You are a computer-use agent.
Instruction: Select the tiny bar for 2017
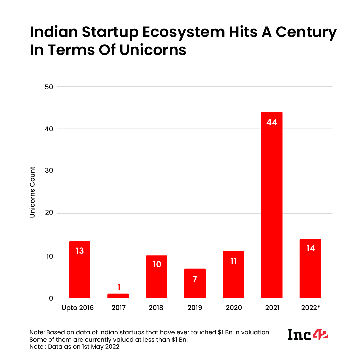click(x=118, y=296)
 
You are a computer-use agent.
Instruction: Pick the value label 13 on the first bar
click(x=80, y=251)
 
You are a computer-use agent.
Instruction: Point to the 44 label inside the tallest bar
click(x=272, y=122)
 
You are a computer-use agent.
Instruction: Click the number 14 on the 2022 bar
click(x=310, y=248)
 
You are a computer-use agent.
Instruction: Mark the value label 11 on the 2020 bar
click(x=233, y=261)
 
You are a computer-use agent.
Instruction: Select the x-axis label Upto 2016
click(x=78, y=308)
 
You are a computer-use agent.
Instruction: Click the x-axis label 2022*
click(x=310, y=308)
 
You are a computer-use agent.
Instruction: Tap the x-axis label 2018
click(x=156, y=308)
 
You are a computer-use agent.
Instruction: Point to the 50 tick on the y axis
click(x=49, y=87)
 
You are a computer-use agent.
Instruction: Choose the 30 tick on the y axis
click(x=49, y=171)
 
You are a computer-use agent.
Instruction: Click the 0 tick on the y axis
click(x=51, y=298)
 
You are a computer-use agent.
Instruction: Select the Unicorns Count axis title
click(x=32, y=192)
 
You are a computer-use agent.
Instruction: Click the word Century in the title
click(x=295, y=33)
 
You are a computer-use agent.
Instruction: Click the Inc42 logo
click(x=308, y=334)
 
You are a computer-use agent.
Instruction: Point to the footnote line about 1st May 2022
click(x=74, y=347)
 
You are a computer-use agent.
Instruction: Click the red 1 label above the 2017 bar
click(x=118, y=287)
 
